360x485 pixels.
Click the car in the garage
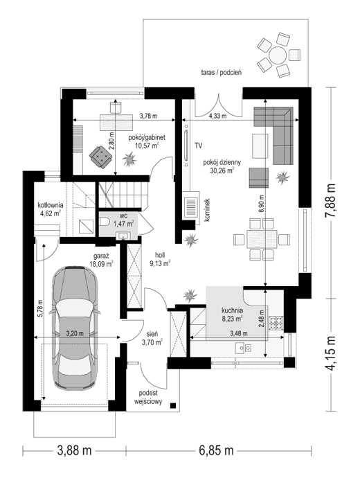[75, 327]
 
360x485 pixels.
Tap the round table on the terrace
[278, 55]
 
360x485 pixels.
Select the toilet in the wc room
[104, 222]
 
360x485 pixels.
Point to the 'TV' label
[199, 145]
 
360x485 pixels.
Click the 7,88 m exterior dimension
[331, 202]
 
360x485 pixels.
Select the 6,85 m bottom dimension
[216, 450]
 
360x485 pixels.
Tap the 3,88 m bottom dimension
[75, 450]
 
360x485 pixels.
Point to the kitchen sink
[244, 349]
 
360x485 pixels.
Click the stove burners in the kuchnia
[276, 323]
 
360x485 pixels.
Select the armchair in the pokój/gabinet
[101, 156]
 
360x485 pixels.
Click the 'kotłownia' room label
[51, 205]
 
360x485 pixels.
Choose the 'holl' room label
[160, 255]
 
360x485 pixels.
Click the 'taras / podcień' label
[222, 73]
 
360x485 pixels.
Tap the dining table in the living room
[262, 239]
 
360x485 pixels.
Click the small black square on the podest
[173, 405]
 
